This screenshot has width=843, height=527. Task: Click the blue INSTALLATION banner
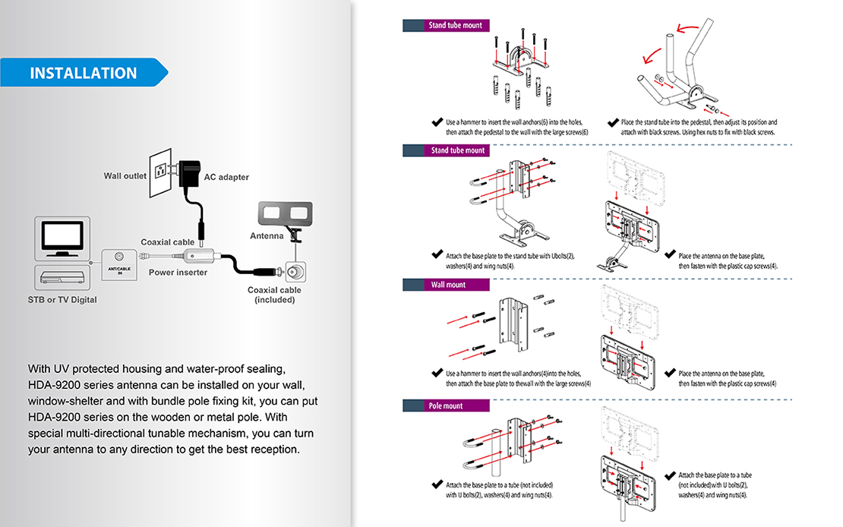click(84, 73)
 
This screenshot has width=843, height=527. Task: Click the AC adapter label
click(226, 178)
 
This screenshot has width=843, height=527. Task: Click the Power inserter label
click(178, 273)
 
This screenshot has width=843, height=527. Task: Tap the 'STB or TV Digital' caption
click(62, 300)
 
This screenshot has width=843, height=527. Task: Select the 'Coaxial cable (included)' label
click(274, 295)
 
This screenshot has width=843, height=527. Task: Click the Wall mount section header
click(448, 285)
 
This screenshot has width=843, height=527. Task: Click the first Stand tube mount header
click(455, 25)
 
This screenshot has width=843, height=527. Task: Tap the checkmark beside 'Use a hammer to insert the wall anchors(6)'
click(437, 122)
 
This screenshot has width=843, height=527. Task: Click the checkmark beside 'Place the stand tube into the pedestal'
click(612, 122)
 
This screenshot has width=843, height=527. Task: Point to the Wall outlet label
click(125, 176)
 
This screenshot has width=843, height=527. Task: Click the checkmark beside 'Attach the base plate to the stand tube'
click(437, 255)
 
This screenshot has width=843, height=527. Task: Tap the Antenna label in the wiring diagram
click(267, 236)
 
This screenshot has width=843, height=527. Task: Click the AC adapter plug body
click(188, 174)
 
